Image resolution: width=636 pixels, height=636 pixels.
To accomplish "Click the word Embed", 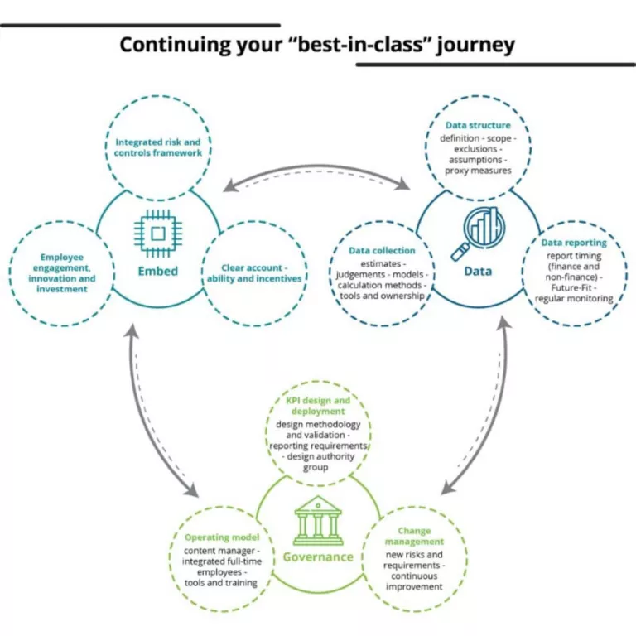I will pos(157,271).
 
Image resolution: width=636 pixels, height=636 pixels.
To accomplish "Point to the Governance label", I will pos(318,556).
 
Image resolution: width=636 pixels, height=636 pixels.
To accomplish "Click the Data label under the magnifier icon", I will pos(478,271).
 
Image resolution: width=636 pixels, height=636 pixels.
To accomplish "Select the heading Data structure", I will pos(478,126).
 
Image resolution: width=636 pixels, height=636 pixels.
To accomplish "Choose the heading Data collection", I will pos(382,249).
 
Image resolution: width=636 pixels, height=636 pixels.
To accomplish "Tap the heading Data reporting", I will pos(574,243).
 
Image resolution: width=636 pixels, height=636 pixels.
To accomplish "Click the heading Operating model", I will pos(222,537).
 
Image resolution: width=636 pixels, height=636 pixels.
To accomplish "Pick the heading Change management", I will pos(414,537).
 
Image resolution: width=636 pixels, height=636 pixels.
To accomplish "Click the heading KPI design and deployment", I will pos(318,405).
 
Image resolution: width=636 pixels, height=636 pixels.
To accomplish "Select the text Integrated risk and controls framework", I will pos(157,147).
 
